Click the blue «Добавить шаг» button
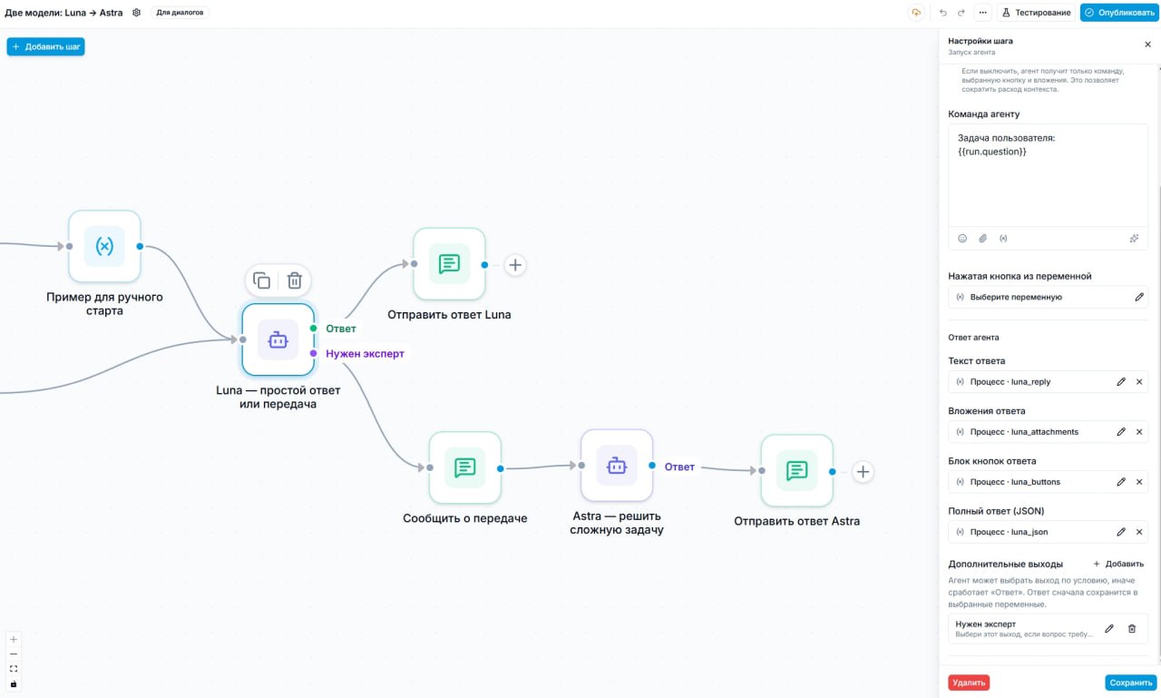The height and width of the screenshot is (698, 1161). pyautogui.click(x=45, y=46)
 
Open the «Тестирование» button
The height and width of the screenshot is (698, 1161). pyautogui.click(x=1036, y=13)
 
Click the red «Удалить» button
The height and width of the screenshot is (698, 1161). pyautogui.click(x=968, y=683)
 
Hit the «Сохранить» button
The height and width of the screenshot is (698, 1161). pyautogui.click(x=1130, y=683)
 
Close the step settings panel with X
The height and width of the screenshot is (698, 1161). pyautogui.click(x=1147, y=44)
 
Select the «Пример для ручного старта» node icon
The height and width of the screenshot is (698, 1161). pyautogui.click(x=104, y=246)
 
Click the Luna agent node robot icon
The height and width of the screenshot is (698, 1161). pyautogui.click(x=278, y=340)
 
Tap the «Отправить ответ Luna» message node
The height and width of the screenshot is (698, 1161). pyautogui.click(x=449, y=264)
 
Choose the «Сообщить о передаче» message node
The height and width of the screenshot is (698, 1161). pyautogui.click(x=465, y=467)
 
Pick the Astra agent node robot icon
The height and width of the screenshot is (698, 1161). pyautogui.click(x=617, y=466)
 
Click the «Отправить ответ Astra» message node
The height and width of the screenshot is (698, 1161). pyautogui.click(x=797, y=471)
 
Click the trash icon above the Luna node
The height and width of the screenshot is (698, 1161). pyautogui.click(x=295, y=280)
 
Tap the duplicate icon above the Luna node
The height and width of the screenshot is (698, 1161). pyautogui.click(x=262, y=280)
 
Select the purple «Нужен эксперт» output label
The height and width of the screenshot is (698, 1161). pyautogui.click(x=365, y=354)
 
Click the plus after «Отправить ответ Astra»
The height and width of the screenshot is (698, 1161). pyautogui.click(x=863, y=472)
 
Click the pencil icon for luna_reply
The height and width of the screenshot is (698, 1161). pyautogui.click(x=1121, y=381)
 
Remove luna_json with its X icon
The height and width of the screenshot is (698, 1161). pyautogui.click(x=1139, y=532)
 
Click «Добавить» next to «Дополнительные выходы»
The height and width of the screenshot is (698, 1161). pyautogui.click(x=1118, y=564)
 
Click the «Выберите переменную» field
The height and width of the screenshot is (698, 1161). pyautogui.click(x=1048, y=297)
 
